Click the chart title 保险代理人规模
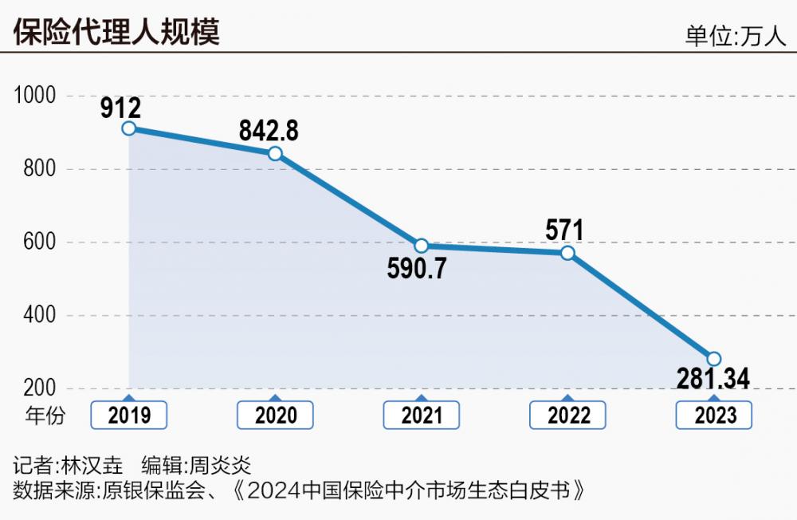[x=116, y=33]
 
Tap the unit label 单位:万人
[x=735, y=37]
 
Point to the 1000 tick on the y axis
[x=35, y=96]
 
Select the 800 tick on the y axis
[x=40, y=169]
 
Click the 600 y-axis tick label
[x=40, y=242]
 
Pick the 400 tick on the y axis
[x=40, y=316]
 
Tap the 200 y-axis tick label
[x=40, y=388]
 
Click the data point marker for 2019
[x=129, y=128]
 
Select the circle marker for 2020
[x=275, y=153]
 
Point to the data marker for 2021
[x=422, y=246]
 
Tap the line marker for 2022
[x=567, y=253]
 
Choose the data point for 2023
[x=713, y=359]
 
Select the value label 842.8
[x=269, y=130]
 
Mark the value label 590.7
[x=417, y=269]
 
